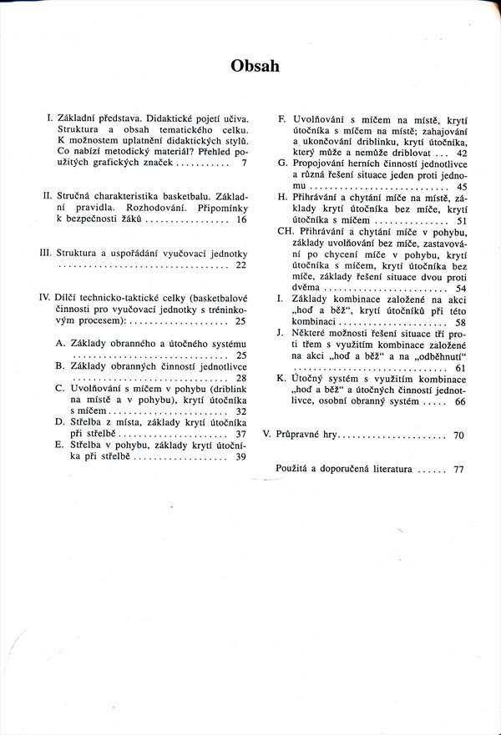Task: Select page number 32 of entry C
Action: [242, 410]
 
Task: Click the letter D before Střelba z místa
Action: [60, 422]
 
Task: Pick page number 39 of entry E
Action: [242, 456]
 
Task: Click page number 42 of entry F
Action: [462, 154]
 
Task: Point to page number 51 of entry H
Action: [462, 221]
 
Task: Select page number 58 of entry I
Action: [462, 321]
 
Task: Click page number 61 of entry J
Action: [462, 367]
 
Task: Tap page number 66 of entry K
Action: [462, 401]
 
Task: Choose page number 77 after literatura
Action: [458, 469]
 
